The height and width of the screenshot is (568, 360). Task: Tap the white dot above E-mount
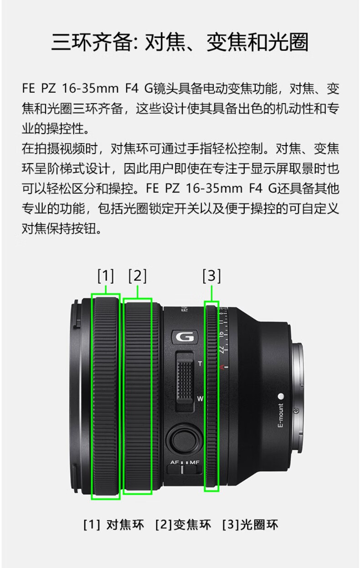tap(281, 396)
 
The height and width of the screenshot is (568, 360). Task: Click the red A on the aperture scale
tap(222, 367)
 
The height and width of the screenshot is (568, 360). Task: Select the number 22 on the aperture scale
tap(221, 350)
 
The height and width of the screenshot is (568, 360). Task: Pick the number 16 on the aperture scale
tap(221, 334)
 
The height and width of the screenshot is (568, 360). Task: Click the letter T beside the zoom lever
tap(200, 364)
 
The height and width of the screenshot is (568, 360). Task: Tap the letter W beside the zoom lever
tap(200, 399)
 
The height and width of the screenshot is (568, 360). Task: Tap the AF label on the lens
tap(175, 462)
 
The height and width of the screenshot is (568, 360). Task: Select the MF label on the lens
tap(195, 462)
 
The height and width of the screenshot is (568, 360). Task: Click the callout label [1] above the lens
tap(106, 276)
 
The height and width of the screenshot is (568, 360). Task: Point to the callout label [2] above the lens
tap(138, 276)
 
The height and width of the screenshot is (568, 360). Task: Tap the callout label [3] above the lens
tap(212, 276)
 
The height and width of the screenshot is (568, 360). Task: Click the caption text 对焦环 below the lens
tap(125, 525)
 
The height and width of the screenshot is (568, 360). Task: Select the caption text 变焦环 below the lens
tap(192, 525)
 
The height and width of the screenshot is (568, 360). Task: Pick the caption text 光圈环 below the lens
tap(259, 525)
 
